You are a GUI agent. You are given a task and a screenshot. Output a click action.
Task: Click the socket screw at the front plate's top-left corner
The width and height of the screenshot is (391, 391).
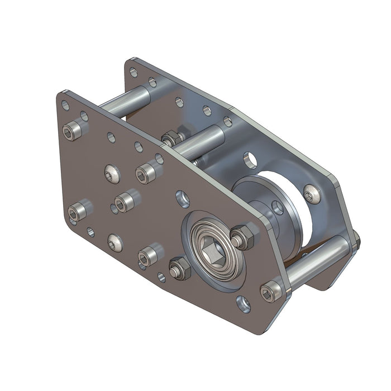[71, 132]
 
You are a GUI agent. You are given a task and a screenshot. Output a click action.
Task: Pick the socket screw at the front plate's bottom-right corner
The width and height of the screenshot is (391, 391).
[270, 292]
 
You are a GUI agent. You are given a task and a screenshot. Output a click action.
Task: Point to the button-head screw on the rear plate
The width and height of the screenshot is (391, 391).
[311, 194]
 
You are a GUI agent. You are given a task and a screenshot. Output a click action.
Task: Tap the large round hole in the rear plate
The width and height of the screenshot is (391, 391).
[251, 160]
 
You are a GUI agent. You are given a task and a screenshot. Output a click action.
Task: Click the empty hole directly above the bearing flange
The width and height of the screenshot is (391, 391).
[183, 197]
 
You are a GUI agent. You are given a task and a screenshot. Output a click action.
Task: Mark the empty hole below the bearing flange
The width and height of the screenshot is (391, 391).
[244, 304]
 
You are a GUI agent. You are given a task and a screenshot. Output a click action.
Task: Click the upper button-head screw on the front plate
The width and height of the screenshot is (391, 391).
[112, 174]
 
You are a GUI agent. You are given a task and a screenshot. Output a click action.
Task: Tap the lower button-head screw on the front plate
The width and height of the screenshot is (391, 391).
[115, 242]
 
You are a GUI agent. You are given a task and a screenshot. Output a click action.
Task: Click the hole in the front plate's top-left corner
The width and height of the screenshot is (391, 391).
[65, 104]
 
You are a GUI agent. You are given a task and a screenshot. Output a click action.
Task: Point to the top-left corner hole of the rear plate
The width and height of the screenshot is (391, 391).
[133, 71]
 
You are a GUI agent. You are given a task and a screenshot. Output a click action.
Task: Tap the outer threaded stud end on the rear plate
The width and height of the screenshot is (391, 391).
[356, 241]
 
